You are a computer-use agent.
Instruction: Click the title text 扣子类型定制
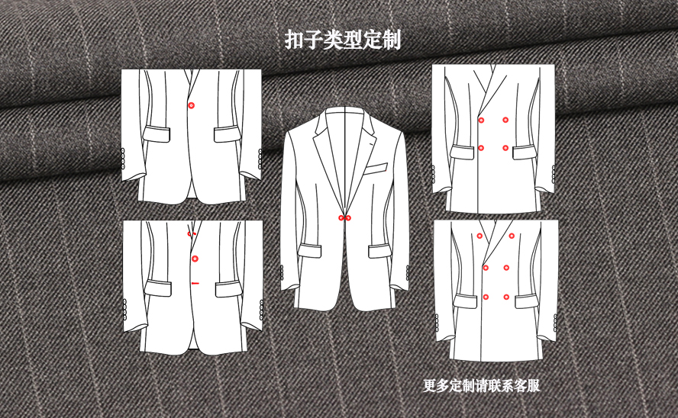click(x=343, y=40)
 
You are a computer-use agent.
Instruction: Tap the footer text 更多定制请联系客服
click(x=481, y=385)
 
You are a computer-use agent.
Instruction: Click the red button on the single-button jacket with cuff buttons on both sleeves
click(x=191, y=105)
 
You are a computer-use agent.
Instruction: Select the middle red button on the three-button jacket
click(x=195, y=259)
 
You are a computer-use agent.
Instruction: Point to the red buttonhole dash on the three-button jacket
click(x=195, y=283)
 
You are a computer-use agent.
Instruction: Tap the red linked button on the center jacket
click(x=344, y=218)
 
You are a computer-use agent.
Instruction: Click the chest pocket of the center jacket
click(x=376, y=168)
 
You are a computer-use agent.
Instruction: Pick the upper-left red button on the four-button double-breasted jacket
click(x=481, y=120)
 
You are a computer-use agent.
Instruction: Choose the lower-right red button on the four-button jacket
click(x=505, y=148)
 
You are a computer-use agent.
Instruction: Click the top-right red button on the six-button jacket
click(x=512, y=236)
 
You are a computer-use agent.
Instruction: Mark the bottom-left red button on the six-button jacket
click(x=486, y=297)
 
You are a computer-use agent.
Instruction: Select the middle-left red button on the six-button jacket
click(x=486, y=268)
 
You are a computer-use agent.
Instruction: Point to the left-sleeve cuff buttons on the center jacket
click(x=282, y=273)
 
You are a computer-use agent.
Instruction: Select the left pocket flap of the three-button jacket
click(x=158, y=288)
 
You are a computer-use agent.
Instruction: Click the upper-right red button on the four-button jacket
click(x=505, y=120)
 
